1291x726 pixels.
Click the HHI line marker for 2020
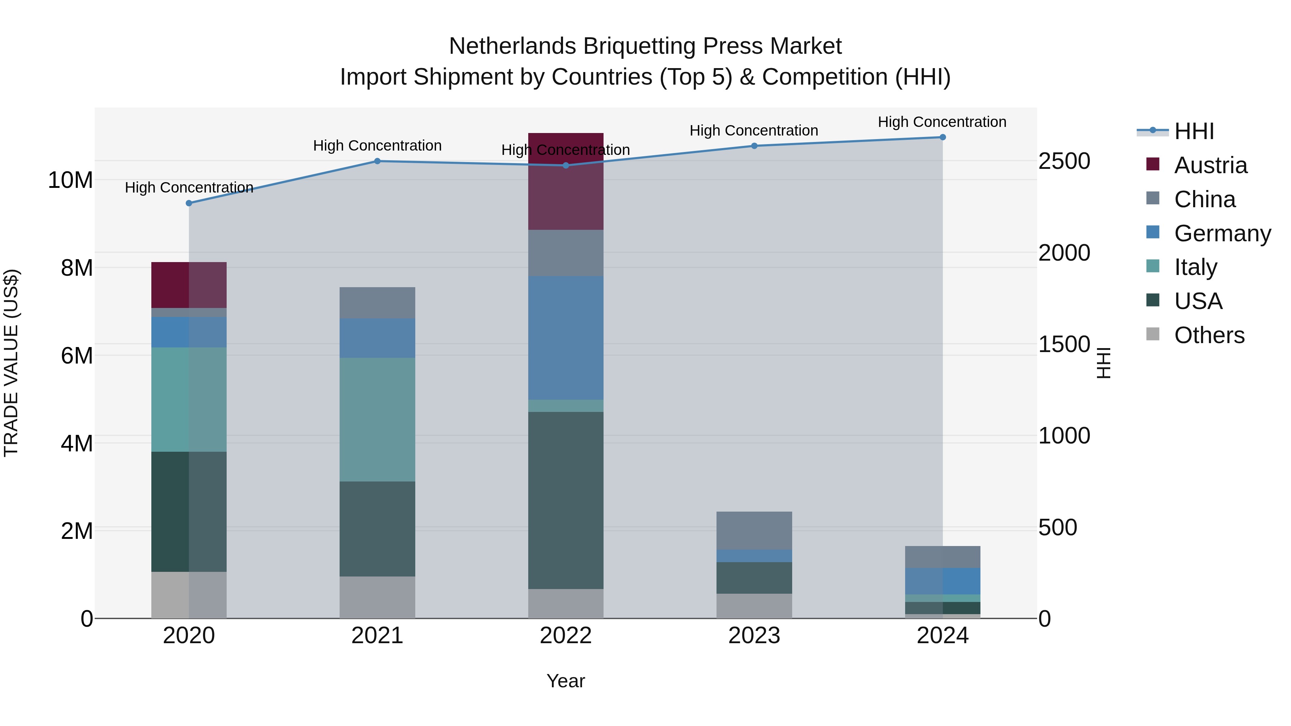click(x=189, y=203)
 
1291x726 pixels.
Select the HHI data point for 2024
click(x=943, y=137)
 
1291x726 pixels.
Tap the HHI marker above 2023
click(x=754, y=146)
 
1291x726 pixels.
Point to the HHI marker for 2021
click(x=377, y=161)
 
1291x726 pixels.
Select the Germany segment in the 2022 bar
click(x=566, y=338)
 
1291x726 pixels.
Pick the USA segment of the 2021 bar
click(x=377, y=528)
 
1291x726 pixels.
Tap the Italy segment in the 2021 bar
click(x=377, y=419)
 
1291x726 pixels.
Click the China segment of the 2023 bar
click(x=754, y=531)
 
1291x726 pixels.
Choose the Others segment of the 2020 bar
click(x=189, y=595)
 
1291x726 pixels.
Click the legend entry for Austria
click(x=1210, y=165)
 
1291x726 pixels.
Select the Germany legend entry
click(x=1222, y=233)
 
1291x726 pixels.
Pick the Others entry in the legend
click(x=1209, y=335)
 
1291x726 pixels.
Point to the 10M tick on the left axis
click(x=70, y=180)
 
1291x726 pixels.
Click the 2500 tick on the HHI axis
click(x=1064, y=161)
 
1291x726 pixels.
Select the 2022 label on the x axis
click(x=566, y=636)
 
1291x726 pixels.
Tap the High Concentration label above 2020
click(x=189, y=188)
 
